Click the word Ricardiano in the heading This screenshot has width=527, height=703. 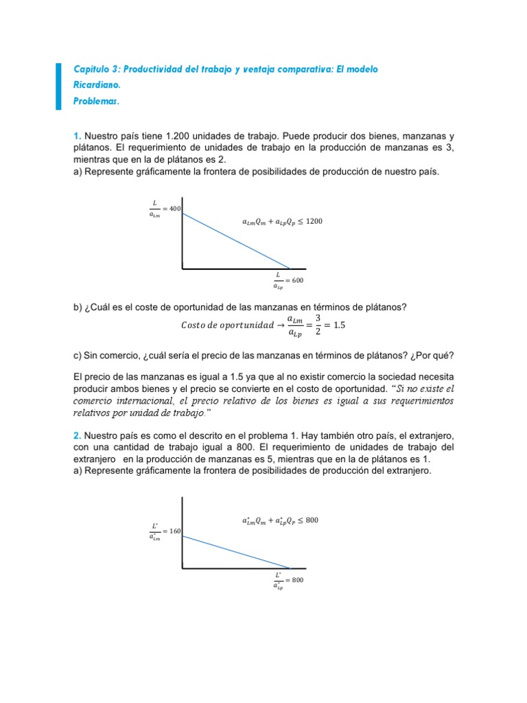pyautogui.click(x=97, y=86)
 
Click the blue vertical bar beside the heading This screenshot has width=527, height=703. pyautogui.click(x=58, y=85)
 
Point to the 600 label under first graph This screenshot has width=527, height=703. pyautogui.click(x=297, y=280)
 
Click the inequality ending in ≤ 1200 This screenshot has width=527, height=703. pyautogui.click(x=282, y=222)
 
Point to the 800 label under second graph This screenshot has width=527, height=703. pyautogui.click(x=297, y=580)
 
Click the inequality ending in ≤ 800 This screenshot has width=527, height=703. pyautogui.click(x=280, y=520)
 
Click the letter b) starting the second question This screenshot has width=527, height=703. pyautogui.click(x=78, y=307)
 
